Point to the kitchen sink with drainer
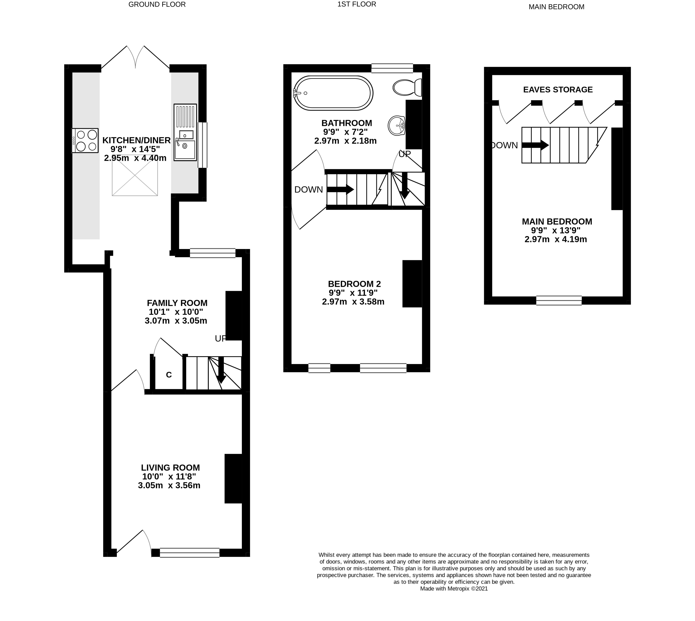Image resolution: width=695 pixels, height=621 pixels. pos(185,132)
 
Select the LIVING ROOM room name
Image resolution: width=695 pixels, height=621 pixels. pos(170,467)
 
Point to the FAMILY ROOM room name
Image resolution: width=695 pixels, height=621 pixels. pos(177,303)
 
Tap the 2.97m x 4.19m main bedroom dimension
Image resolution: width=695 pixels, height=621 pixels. pos(556,239)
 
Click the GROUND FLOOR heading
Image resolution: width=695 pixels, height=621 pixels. pos(157,4)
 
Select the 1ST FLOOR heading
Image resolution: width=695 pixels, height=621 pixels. pos(357,4)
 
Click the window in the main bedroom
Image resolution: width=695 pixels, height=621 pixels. pos(559,300)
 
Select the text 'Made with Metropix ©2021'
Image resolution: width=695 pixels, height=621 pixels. pos(454,589)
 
